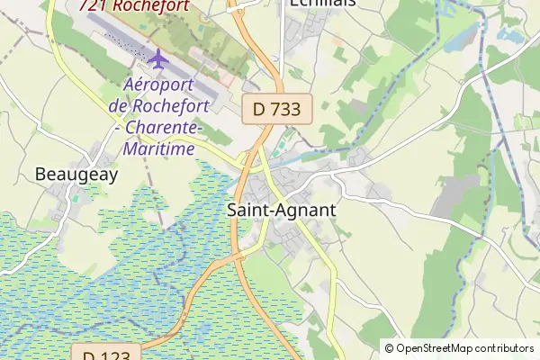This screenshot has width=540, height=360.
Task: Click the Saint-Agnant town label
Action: [282, 210]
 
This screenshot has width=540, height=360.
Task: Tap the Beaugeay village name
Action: [76, 174]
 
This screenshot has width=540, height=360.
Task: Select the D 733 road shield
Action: [276, 109]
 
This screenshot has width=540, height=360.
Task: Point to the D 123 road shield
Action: [107, 354]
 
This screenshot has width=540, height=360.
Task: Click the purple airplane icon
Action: [158, 60]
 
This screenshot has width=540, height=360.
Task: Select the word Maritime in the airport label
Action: [162, 148]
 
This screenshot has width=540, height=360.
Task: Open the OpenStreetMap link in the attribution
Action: [437, 347]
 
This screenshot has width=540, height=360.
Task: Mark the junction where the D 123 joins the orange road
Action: [240, 257]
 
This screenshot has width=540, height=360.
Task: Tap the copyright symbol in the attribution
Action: [389, 347]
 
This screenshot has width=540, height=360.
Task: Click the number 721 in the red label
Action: [95, 5]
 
